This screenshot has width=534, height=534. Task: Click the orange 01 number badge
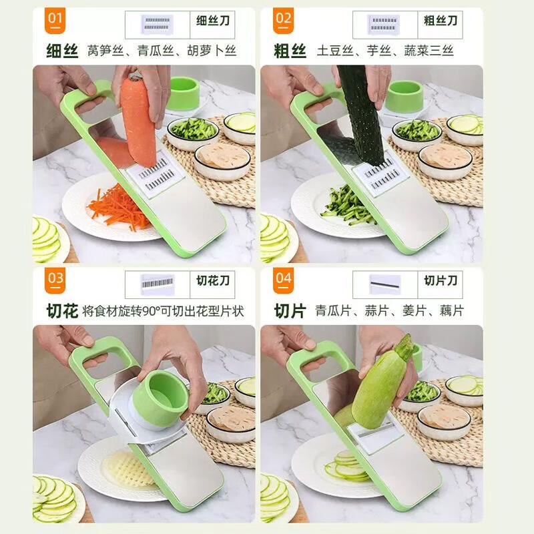55,19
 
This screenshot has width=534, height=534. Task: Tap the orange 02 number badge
284,19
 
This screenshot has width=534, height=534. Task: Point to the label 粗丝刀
441,20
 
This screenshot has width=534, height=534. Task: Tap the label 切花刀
213,280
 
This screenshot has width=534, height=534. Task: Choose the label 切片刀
441,280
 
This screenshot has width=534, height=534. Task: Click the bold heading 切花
62,311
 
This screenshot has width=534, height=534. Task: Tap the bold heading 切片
290,311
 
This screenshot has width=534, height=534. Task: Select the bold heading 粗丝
290,50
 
